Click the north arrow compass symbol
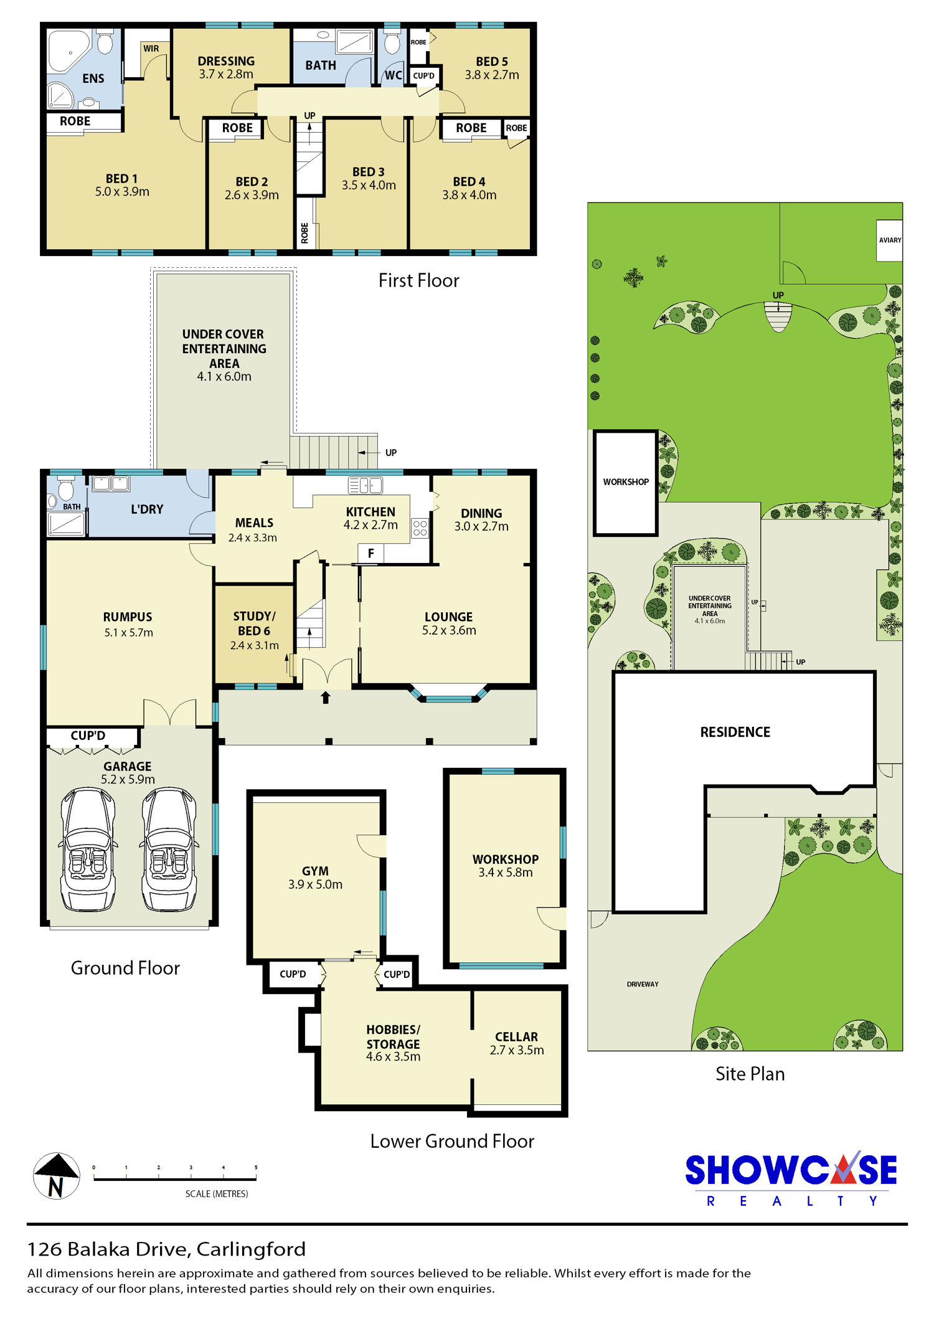[x=56, y=1176]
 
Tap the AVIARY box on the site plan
[x=890, y=240]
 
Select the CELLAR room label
[x=516, y=1037]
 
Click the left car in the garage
[x=88, y=850]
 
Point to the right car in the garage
[x=169, y=850]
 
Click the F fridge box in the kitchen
[x=371, y=553]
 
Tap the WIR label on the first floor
[x=151, y=49]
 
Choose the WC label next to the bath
[x=393, y=75]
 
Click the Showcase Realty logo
[x=791, y=1178]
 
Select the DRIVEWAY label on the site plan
[x=643, y=984]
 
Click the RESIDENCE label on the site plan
[x=735, y=732]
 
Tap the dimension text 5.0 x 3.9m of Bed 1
[x=122, y=192]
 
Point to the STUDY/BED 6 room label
[x=254, y=623]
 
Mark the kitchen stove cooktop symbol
[x=420, y=528]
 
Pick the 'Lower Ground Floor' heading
[x=452, y=1141]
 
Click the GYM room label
[x=315, y=871]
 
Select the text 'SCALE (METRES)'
[x=217, y=1194]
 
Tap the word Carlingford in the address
[x=251, y=1249]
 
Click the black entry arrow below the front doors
[x=325, y=697]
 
